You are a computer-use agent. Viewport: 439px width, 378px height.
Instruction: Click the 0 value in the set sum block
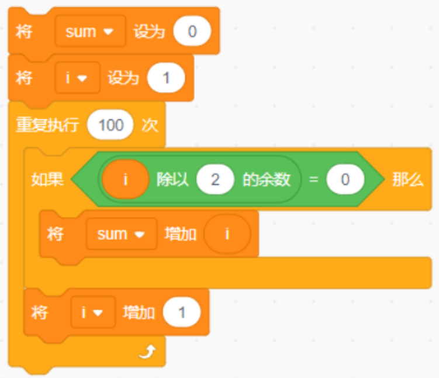(192, 31)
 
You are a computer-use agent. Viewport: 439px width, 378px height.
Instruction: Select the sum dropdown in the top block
(90, 31)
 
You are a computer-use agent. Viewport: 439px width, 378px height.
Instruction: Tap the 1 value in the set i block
(166, 78)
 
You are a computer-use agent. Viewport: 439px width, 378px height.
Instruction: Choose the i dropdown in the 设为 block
(77, 78)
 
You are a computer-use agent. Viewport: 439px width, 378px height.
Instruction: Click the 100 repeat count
(110, 125)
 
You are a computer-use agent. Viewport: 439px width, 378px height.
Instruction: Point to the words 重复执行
(47, 125)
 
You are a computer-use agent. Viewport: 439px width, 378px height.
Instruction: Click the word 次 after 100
(150, 125)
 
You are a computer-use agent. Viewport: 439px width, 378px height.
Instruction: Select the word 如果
(47, 179)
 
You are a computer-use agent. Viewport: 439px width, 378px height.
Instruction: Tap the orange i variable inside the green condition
(126, 179)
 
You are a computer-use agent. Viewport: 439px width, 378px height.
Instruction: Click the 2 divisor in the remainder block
(215, 179)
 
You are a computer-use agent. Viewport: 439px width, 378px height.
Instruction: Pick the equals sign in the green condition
(313, 179)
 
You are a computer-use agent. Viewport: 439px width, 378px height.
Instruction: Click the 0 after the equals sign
(345, 179)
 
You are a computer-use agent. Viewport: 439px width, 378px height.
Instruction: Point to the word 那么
(407, 179)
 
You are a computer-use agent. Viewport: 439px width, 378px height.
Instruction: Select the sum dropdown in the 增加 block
(122, 233)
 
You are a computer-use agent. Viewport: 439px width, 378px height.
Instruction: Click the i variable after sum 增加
(227, 233)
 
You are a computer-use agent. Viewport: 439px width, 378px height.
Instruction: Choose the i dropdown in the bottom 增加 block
(93, 312)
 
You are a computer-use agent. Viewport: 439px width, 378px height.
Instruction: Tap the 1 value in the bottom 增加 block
(182, 312)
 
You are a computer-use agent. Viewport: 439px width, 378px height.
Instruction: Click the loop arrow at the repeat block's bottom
(147, 352)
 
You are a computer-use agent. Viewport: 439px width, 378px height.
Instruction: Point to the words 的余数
(267, 179)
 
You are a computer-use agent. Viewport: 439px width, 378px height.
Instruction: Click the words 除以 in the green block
(173, 179)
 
